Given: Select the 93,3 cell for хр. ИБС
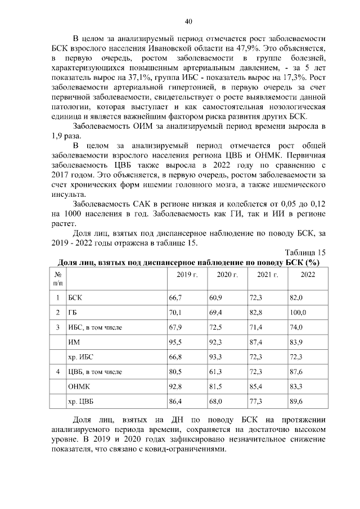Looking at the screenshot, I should [x=215, y=357].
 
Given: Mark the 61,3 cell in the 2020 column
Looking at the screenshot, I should [x=215, y=372].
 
